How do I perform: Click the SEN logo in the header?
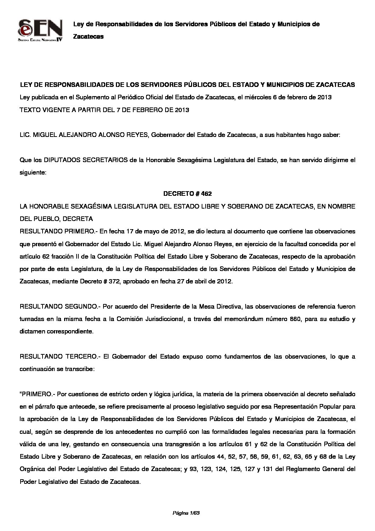tap(40, 31)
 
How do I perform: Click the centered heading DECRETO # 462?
tap(187, 194)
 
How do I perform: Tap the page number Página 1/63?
tap(187, 513)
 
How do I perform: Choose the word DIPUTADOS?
tap(62, 160)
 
